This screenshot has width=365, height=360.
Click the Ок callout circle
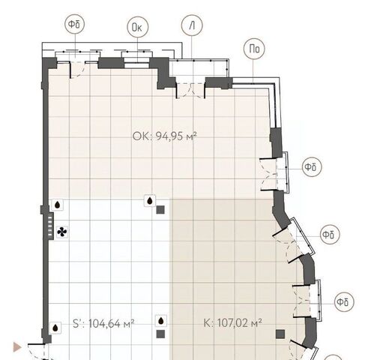coord(138,27)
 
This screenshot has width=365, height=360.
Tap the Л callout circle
coord(192,25)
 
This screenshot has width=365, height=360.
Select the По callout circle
coord(254,49)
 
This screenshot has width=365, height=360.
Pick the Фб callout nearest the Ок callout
coord(75,24)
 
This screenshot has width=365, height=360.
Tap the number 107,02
coord(233,323)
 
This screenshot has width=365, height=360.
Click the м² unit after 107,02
coord(256,322)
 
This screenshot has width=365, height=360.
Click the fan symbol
coord(62,232)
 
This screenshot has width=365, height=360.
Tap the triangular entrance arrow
coord(17,347)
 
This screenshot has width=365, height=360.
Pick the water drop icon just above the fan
coord(58,205)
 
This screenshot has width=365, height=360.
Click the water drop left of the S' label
coord(55,328)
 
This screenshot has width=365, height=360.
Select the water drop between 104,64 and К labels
coord(161,321)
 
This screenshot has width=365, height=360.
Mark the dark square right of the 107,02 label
coord(280,334)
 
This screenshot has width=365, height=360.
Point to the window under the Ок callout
coord(137,61)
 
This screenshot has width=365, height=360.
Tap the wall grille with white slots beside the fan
coord(50,226)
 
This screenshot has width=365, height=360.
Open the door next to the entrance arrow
coord(37,352)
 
